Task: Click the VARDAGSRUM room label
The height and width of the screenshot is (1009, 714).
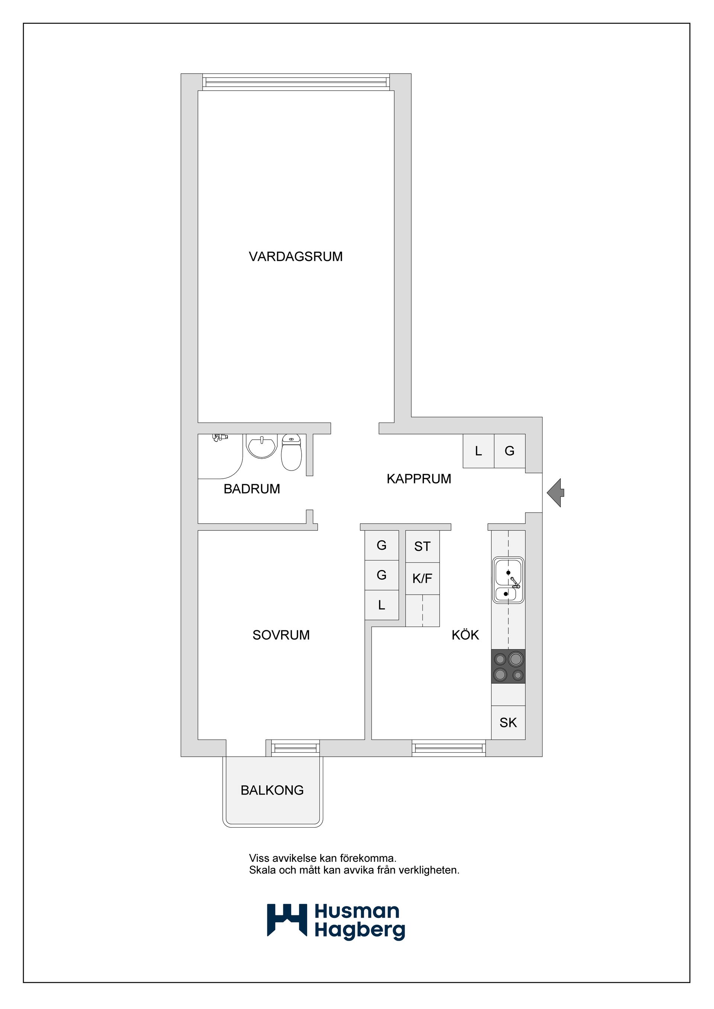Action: [295, 257]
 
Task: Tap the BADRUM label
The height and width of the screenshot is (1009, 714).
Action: [251, 489]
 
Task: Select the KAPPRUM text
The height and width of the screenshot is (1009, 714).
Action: [419, 479]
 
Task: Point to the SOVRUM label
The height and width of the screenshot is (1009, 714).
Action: [281, 635]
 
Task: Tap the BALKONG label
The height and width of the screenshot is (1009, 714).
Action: [272, 790]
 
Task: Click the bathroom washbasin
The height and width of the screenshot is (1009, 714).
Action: [261, 446]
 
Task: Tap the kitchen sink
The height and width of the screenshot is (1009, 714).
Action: [508, 580]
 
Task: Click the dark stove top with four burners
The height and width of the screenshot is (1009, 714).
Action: [508, 666]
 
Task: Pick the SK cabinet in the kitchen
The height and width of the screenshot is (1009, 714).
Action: [508, 722]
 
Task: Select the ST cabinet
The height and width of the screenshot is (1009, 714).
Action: [422, 546]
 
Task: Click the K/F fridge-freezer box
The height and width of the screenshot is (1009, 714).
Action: [422, 578]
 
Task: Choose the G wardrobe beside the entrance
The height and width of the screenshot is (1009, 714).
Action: [509, 451]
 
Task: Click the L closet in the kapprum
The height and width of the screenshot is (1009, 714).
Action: [478, 451]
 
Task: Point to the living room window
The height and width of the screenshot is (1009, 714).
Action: [296, 82]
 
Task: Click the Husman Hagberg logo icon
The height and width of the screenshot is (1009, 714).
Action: [287, 920]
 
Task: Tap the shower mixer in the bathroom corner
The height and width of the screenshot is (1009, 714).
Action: [220, 437]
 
